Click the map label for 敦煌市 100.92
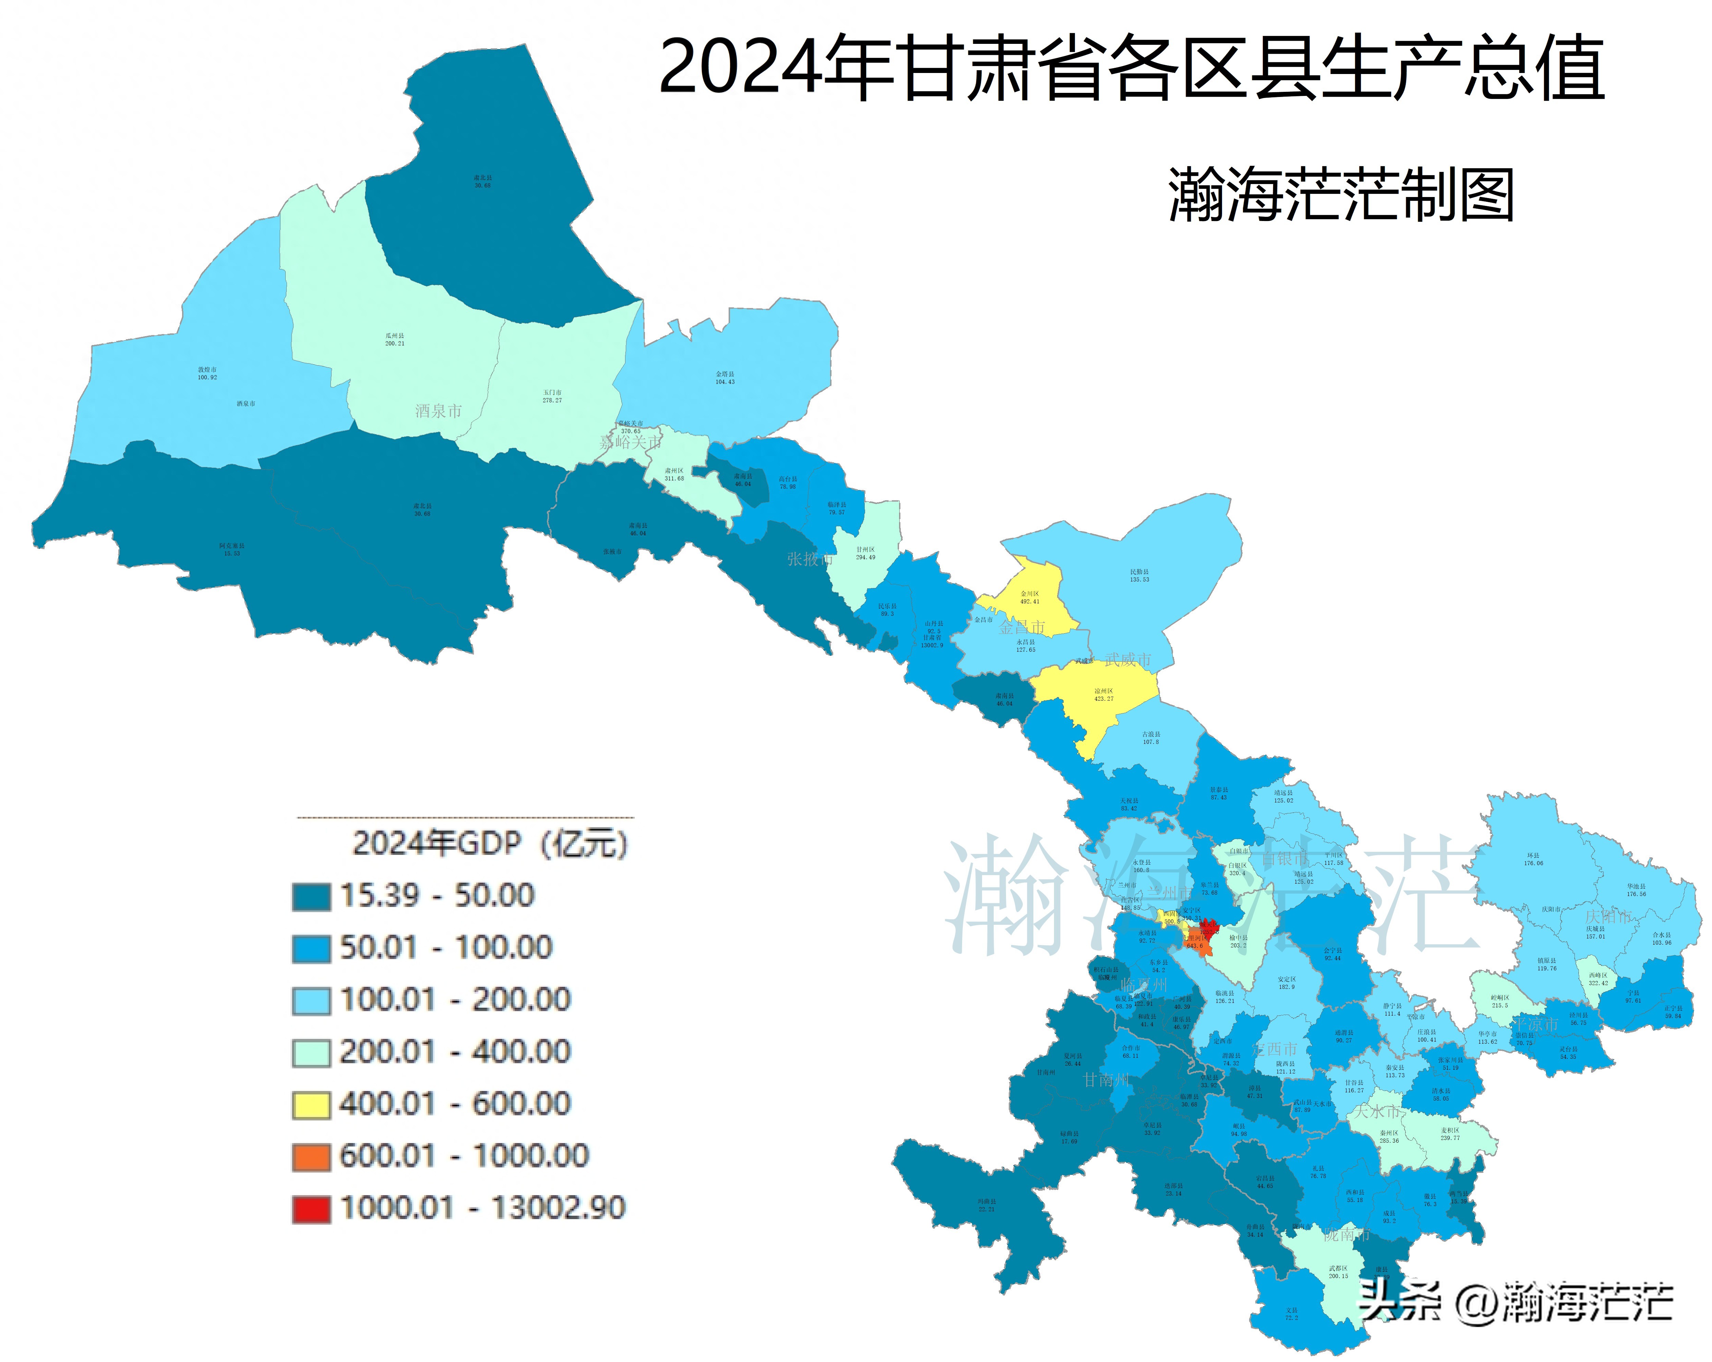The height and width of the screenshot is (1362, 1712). click(207, 373)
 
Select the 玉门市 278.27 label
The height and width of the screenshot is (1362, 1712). click(552, 396)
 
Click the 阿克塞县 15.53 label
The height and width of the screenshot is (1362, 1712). click(232, 549)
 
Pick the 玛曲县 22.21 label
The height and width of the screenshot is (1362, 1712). click(986, 1205)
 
